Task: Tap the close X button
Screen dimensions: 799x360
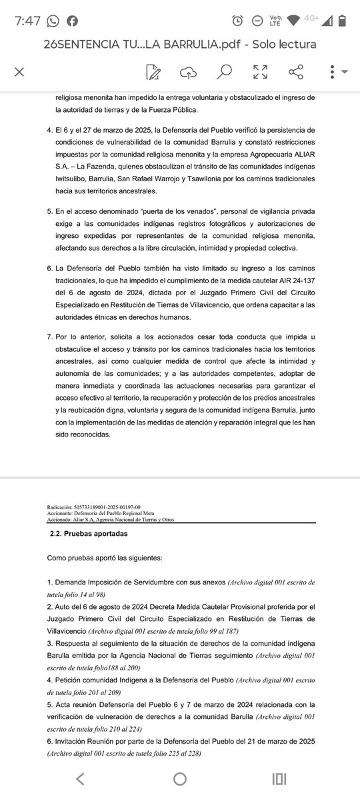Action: coord(19,71)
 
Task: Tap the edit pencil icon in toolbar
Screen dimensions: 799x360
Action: coord(153,71)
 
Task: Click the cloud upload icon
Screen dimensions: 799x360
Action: coord(189,71)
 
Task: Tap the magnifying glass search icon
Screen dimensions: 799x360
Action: coord(225,71)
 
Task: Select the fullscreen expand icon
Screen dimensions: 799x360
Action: coord(260,71)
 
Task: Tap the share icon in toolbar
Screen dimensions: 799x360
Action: coord(296,71)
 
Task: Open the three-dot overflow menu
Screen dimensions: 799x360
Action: coord(332,71)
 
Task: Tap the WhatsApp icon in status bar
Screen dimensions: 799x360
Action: coord(53,20)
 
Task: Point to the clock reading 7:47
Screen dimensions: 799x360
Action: coord(28,20)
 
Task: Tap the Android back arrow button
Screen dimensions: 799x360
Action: coord(80,778)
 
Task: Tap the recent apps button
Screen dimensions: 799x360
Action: coord(279,778)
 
